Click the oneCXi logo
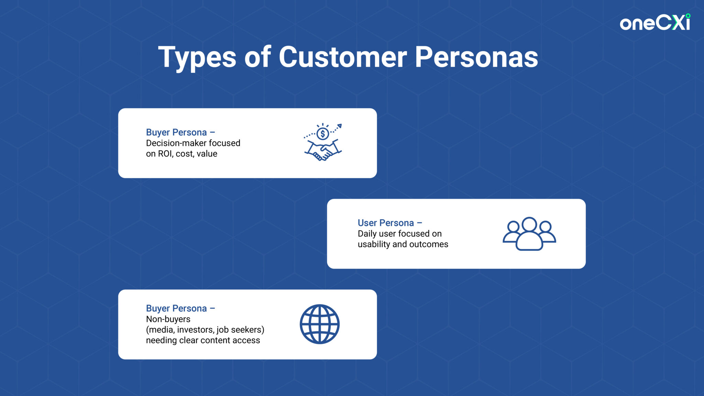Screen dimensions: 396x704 click(x=655, y=23)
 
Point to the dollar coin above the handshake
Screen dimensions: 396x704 click(x=323, y=134)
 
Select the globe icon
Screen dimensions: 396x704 click(x=320, y=324)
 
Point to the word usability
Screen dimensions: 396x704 click(x=374, y=244)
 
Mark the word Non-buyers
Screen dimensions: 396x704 click(x=168, y=319)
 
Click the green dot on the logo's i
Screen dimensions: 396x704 click(x=688, y=16)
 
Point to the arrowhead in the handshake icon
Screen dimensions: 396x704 click(x=339, y=126)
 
